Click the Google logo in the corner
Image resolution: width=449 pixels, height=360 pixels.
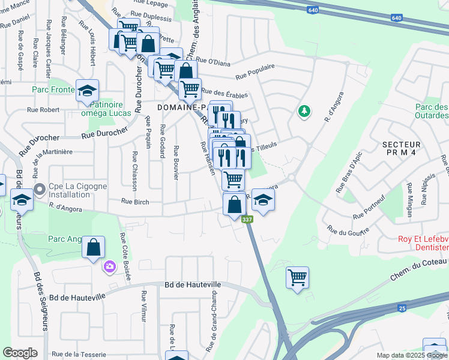20,353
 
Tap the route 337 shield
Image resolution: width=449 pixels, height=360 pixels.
247,220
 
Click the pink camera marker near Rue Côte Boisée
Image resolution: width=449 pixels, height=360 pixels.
110,266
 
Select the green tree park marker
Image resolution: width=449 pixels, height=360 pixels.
305,111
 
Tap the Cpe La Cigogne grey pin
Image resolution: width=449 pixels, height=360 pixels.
40,190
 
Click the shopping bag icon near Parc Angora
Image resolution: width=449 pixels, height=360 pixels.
94,247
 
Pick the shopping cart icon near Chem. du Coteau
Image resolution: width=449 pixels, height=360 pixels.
297,277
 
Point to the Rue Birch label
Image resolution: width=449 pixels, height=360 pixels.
134,202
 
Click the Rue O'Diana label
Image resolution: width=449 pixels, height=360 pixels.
212,60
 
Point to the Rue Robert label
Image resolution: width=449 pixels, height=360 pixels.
44,110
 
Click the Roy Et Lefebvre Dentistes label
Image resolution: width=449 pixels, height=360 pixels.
423,242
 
